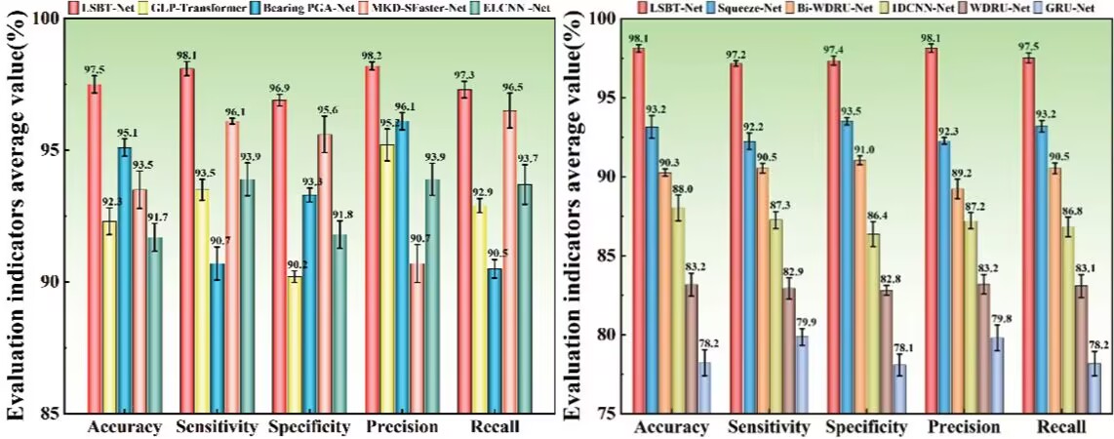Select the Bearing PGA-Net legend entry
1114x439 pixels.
(x=296, y=10)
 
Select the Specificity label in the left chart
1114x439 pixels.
(x=310, y=427)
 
